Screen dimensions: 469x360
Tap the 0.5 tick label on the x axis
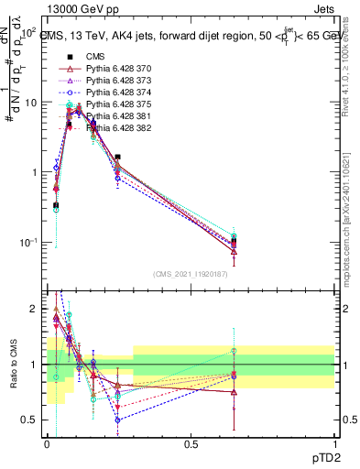[191, 443]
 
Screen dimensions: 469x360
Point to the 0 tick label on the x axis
[47, 443]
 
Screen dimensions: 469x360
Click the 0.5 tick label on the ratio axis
[27, 420]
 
